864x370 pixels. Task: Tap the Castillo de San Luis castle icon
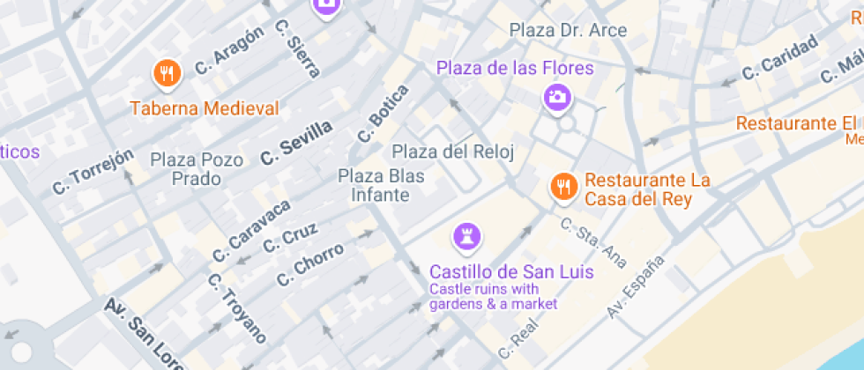coord(466,236)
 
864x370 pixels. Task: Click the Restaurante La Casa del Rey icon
coord(562,186)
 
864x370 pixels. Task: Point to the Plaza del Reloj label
coord(452,152)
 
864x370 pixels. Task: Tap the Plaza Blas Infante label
coord(381,186)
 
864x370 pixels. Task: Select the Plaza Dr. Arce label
coord(568,31)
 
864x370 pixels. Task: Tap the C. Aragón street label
coord(229,51)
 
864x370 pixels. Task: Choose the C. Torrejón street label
coord(93,171)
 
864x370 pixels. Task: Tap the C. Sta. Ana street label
coord(594,241)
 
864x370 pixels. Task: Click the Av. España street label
coord(635,287)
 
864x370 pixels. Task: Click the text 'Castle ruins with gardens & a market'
coord(493,297)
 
